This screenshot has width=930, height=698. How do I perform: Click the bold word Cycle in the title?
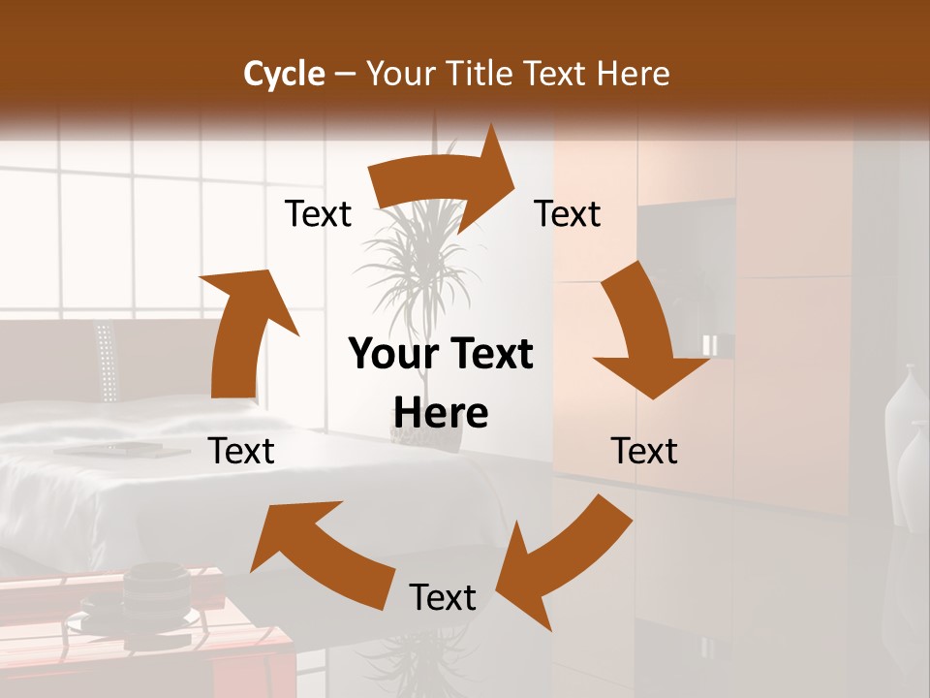[x=284, y=74]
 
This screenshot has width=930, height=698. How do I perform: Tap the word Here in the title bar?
[x=633, y=74]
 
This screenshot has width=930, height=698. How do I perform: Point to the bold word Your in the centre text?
[x=387, y=355]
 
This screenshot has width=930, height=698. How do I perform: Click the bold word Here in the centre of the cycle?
[x=441, y=414]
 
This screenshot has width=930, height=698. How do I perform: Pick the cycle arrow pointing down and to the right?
[x=645, y=330]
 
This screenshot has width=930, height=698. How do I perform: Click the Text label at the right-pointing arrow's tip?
[x=568, y=213]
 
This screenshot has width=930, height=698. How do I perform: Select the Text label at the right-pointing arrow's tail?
[x=318, y=213]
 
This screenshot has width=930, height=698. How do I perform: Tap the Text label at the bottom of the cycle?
[x=443, y=597]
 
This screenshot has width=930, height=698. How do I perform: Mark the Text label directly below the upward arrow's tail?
[x=241, y=451]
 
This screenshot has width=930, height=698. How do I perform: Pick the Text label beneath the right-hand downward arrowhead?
[x=644, y=451]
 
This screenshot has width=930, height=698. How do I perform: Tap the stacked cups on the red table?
[x=155, y=591]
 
